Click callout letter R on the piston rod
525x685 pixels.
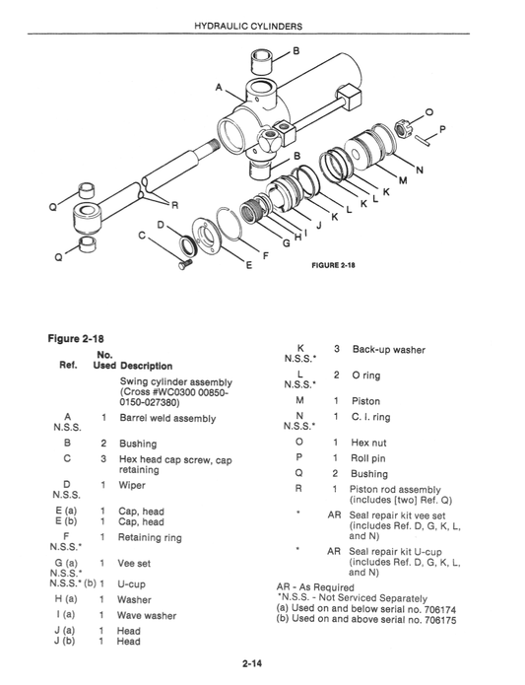tap(174, 205)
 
